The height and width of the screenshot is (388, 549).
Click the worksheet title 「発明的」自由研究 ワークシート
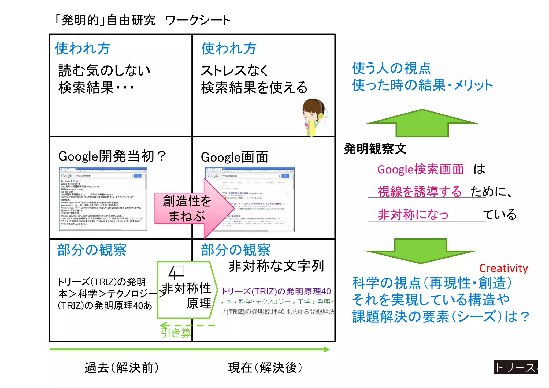[142, 20]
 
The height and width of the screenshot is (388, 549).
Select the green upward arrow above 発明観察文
[422, 123]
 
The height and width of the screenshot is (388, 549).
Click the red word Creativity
[503, 268]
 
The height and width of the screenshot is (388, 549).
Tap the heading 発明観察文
[375, 149]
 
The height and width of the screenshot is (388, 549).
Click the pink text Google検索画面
[420, 169]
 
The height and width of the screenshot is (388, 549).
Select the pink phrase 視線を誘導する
[420, 192]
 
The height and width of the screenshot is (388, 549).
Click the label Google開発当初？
[112, 156]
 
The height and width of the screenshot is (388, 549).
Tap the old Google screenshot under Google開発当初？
[103, 199]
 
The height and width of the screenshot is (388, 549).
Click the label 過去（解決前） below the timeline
[122, 368]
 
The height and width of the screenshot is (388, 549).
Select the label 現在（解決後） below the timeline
[265, 368]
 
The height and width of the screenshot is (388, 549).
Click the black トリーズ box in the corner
[515, 367]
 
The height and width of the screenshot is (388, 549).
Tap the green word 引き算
[176, 332]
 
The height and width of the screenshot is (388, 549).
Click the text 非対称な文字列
[276, 266]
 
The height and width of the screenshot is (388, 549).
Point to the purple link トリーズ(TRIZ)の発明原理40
[276, 291]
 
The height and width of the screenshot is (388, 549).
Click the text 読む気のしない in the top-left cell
[104, 70]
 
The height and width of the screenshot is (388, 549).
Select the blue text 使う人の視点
[391, 68]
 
